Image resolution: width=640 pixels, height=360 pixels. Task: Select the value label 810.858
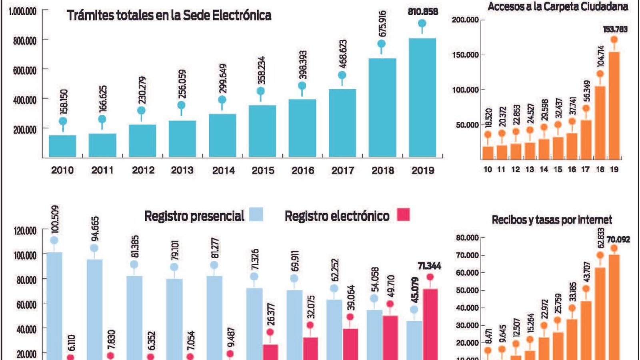(423, 12)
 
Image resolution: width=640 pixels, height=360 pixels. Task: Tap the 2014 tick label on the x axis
(223, 170)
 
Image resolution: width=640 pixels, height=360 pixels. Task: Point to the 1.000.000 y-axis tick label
(23, 11)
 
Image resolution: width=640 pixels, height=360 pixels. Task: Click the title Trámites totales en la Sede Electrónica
(169, 15)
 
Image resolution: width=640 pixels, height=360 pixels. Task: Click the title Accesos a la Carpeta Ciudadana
(558, 6)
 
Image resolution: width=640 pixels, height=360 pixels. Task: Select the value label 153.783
(615, 29)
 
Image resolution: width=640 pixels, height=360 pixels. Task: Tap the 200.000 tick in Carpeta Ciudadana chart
(465, 20)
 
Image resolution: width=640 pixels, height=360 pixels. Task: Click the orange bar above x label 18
(600, 122)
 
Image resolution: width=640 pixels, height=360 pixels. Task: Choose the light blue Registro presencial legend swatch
(256, 214)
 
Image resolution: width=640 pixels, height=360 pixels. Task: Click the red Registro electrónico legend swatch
(403, 214)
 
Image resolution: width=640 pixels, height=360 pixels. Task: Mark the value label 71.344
(429, 266)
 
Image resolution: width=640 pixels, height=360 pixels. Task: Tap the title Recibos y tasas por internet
(552, 220)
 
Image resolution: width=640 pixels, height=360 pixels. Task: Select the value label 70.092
(618, 240)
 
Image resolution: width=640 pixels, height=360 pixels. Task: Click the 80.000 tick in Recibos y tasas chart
(467, 238)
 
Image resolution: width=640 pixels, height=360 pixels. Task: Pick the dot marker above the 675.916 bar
(382, 44)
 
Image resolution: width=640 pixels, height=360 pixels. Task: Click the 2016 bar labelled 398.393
(302, 128)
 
